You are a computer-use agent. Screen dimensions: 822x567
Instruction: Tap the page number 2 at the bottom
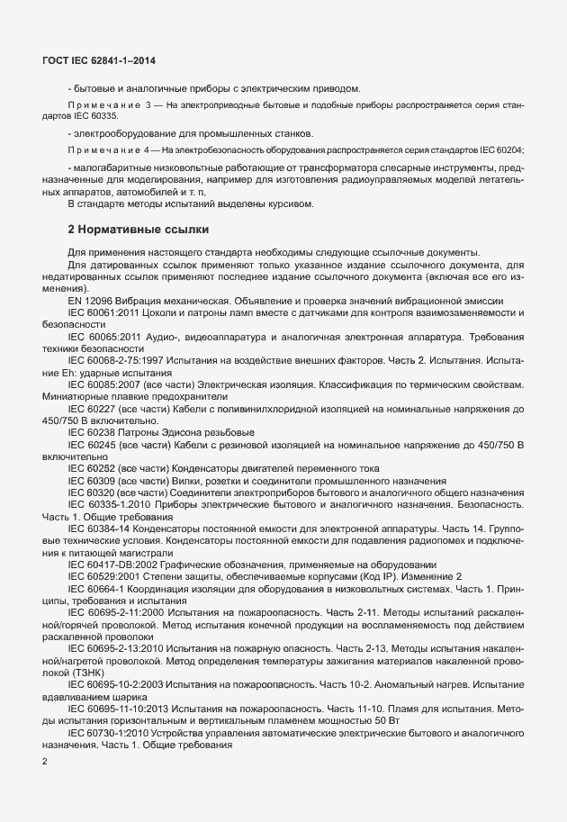point(45,763)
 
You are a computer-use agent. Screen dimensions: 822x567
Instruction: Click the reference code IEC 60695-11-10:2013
point(120,708)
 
